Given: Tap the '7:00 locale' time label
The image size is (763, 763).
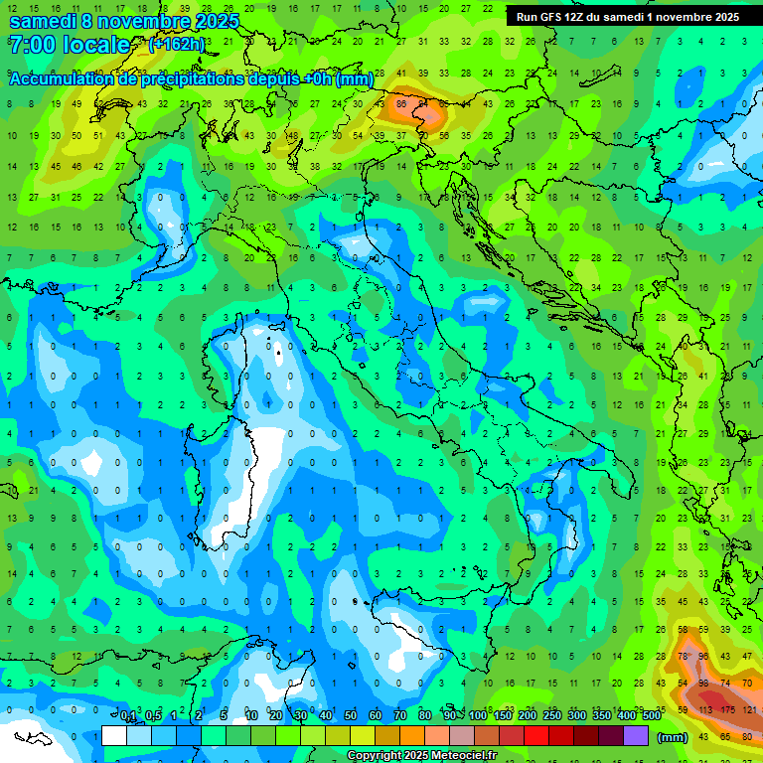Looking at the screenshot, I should coord(69,45).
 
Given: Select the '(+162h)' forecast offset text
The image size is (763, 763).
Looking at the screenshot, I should coord(178,45).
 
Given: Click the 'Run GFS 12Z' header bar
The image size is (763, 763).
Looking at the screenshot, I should coord(627,17).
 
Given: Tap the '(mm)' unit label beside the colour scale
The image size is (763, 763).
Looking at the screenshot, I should coord(673,737).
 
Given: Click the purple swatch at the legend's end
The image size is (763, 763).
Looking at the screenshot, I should coord(636,736).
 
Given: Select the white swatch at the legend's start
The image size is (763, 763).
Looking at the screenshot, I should coord(114,736).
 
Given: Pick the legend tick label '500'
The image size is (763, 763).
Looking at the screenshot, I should coord(651,715).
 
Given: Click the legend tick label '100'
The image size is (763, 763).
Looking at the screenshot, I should coord(478,715).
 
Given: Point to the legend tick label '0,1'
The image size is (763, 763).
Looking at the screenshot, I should coord(128,715).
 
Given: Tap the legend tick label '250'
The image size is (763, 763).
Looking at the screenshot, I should coord(551,715).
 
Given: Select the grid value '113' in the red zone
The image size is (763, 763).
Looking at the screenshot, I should coord(705,710).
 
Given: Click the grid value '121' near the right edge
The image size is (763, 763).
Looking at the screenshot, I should coord(749,710).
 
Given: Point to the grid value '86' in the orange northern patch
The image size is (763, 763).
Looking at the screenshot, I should coord(402,102).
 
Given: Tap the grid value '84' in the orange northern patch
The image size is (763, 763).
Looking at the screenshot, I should coord(423,102).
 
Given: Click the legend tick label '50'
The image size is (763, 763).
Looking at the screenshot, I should coord(351,715).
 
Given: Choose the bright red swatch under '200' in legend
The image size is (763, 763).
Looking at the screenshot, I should coord(536,736).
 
